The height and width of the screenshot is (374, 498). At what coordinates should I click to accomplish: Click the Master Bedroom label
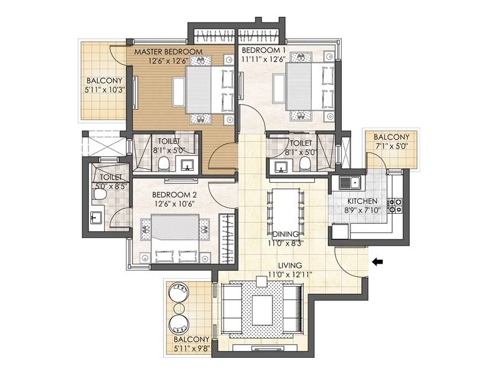(168, 52)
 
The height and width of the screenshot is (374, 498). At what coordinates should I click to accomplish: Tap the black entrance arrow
(377, 262)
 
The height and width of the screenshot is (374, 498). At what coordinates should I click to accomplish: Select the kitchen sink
(349, 183)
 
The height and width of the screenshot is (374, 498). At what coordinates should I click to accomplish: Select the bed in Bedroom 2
(176, 239)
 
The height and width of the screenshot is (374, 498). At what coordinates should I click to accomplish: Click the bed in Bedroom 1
(310, 86)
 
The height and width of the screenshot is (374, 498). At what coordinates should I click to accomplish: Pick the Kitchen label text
(362, 201)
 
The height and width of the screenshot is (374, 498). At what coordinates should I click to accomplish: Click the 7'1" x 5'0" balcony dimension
(392, 146)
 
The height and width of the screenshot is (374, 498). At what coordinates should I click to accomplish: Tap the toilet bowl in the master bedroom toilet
(164, 164)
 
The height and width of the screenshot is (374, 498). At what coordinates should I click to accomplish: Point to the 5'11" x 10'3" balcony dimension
(104, 90)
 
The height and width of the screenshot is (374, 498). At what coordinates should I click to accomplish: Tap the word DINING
(286, 234)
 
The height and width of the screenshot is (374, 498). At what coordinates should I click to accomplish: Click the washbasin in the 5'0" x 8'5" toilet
(96, 218)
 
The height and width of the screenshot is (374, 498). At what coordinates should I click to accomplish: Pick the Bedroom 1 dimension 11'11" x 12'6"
(263, 59)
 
